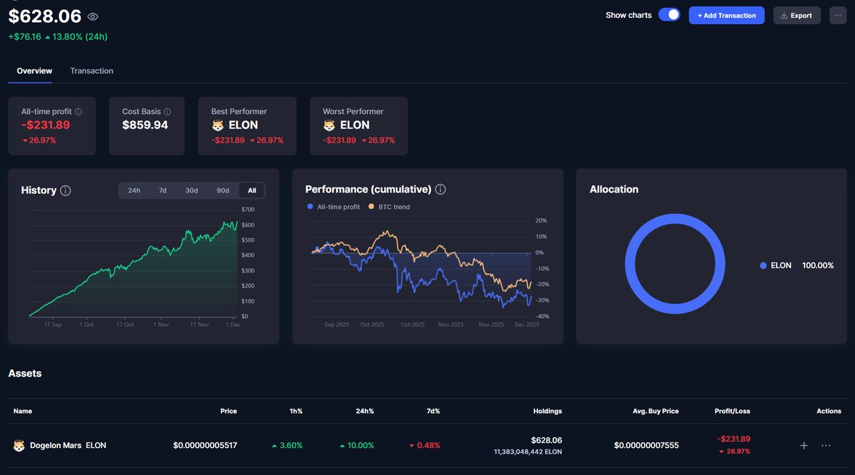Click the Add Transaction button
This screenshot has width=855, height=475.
click(x=726, y=15)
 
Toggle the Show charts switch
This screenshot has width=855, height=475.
click(x=668, y=15)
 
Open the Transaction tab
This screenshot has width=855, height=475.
click(x=91, y=71)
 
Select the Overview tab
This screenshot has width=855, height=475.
click(x=34, y=71)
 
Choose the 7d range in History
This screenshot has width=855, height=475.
click(x=162, y=190)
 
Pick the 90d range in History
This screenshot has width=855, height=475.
click(x=223, y=190)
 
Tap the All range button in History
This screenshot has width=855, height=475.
click(x=252, y=190)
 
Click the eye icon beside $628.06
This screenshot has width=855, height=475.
click(x=93, y=16)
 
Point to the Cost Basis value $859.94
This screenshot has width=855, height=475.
click(x=145, y=125)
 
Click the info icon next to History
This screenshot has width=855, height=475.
click(x=66, y=190)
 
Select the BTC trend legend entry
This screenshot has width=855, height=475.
click(x=389, y=207)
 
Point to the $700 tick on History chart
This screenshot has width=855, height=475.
click(x=248, y=210)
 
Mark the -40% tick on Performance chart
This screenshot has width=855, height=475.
click(x=541, y=317)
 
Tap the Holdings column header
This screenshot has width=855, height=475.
click(x=547, y=411)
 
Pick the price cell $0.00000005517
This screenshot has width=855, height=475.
click(x=204, y=445)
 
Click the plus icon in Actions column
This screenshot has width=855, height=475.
click(x=804, y=445)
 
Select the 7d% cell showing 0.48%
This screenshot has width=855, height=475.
click(x=425, y=445)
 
